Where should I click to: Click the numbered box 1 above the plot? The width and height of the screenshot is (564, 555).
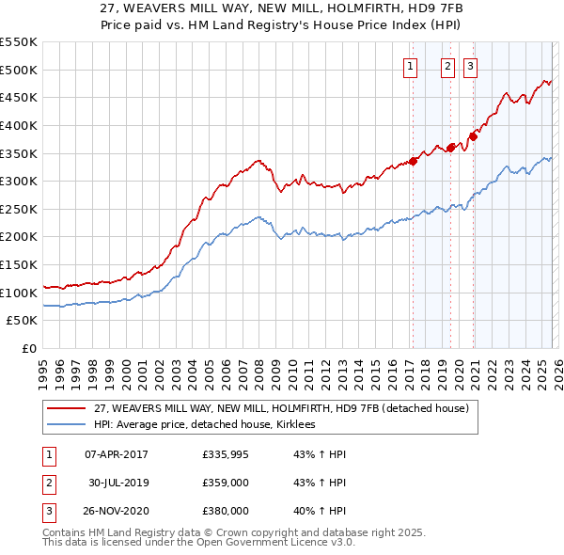tap(411, 66)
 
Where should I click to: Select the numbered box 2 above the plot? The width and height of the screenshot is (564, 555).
tap(446, 66)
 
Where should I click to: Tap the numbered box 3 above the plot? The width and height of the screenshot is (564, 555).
tap(469, 66)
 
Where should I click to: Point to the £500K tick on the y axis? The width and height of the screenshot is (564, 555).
tap(19, 70)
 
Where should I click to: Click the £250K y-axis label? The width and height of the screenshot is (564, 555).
tap(19, 209)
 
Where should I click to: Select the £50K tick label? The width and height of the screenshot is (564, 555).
tap(23, 321)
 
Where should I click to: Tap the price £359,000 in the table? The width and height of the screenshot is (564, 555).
tap(225, 483)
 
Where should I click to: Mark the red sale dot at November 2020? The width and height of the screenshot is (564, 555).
tap(473, 136)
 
